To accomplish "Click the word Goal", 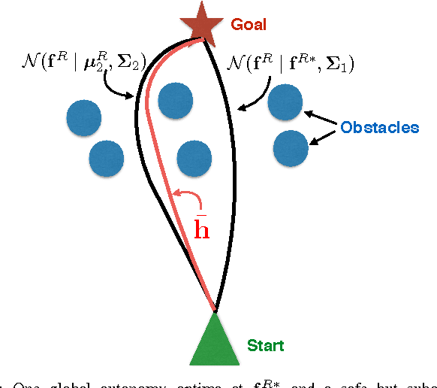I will coord(249,25).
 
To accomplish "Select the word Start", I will coord(266,346).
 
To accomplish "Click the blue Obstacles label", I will coord(379,127).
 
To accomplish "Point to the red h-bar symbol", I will coord(201,226).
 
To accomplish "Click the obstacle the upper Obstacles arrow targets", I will coord(286,103).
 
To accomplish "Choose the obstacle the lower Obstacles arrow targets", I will coord(290,148).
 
